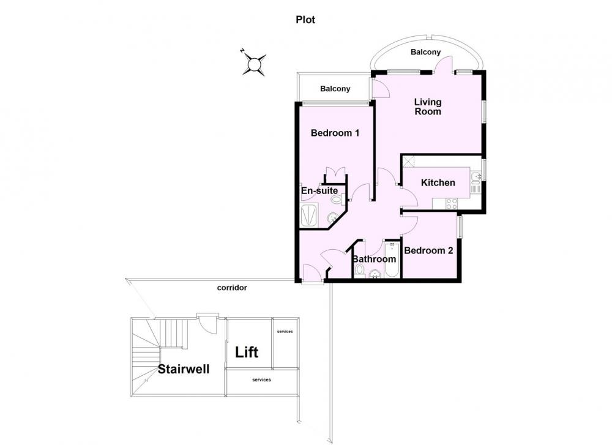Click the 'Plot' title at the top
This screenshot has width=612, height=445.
point(305,20)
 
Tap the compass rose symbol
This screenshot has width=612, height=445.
point(254,63)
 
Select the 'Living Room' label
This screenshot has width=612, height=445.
point(428,107)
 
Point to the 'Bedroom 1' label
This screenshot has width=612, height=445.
point(335,133)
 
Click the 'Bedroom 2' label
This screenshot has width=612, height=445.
point(428,250)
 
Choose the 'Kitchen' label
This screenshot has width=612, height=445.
point(438,182)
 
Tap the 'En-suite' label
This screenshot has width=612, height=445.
point(319,191)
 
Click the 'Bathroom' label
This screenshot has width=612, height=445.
point(374,259)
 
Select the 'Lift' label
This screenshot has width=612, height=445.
point(247,353)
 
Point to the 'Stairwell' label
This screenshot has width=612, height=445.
point(184,369)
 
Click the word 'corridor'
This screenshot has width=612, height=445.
point(232,288)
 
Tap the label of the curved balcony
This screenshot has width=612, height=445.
point(425,52)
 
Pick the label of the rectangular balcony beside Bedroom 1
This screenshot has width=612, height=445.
point(335,89)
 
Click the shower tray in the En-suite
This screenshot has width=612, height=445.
point(310,215)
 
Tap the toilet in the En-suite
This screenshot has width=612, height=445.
point(337,200)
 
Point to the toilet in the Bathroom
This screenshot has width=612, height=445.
point(359,270)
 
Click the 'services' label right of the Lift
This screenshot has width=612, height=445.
point(285,331)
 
